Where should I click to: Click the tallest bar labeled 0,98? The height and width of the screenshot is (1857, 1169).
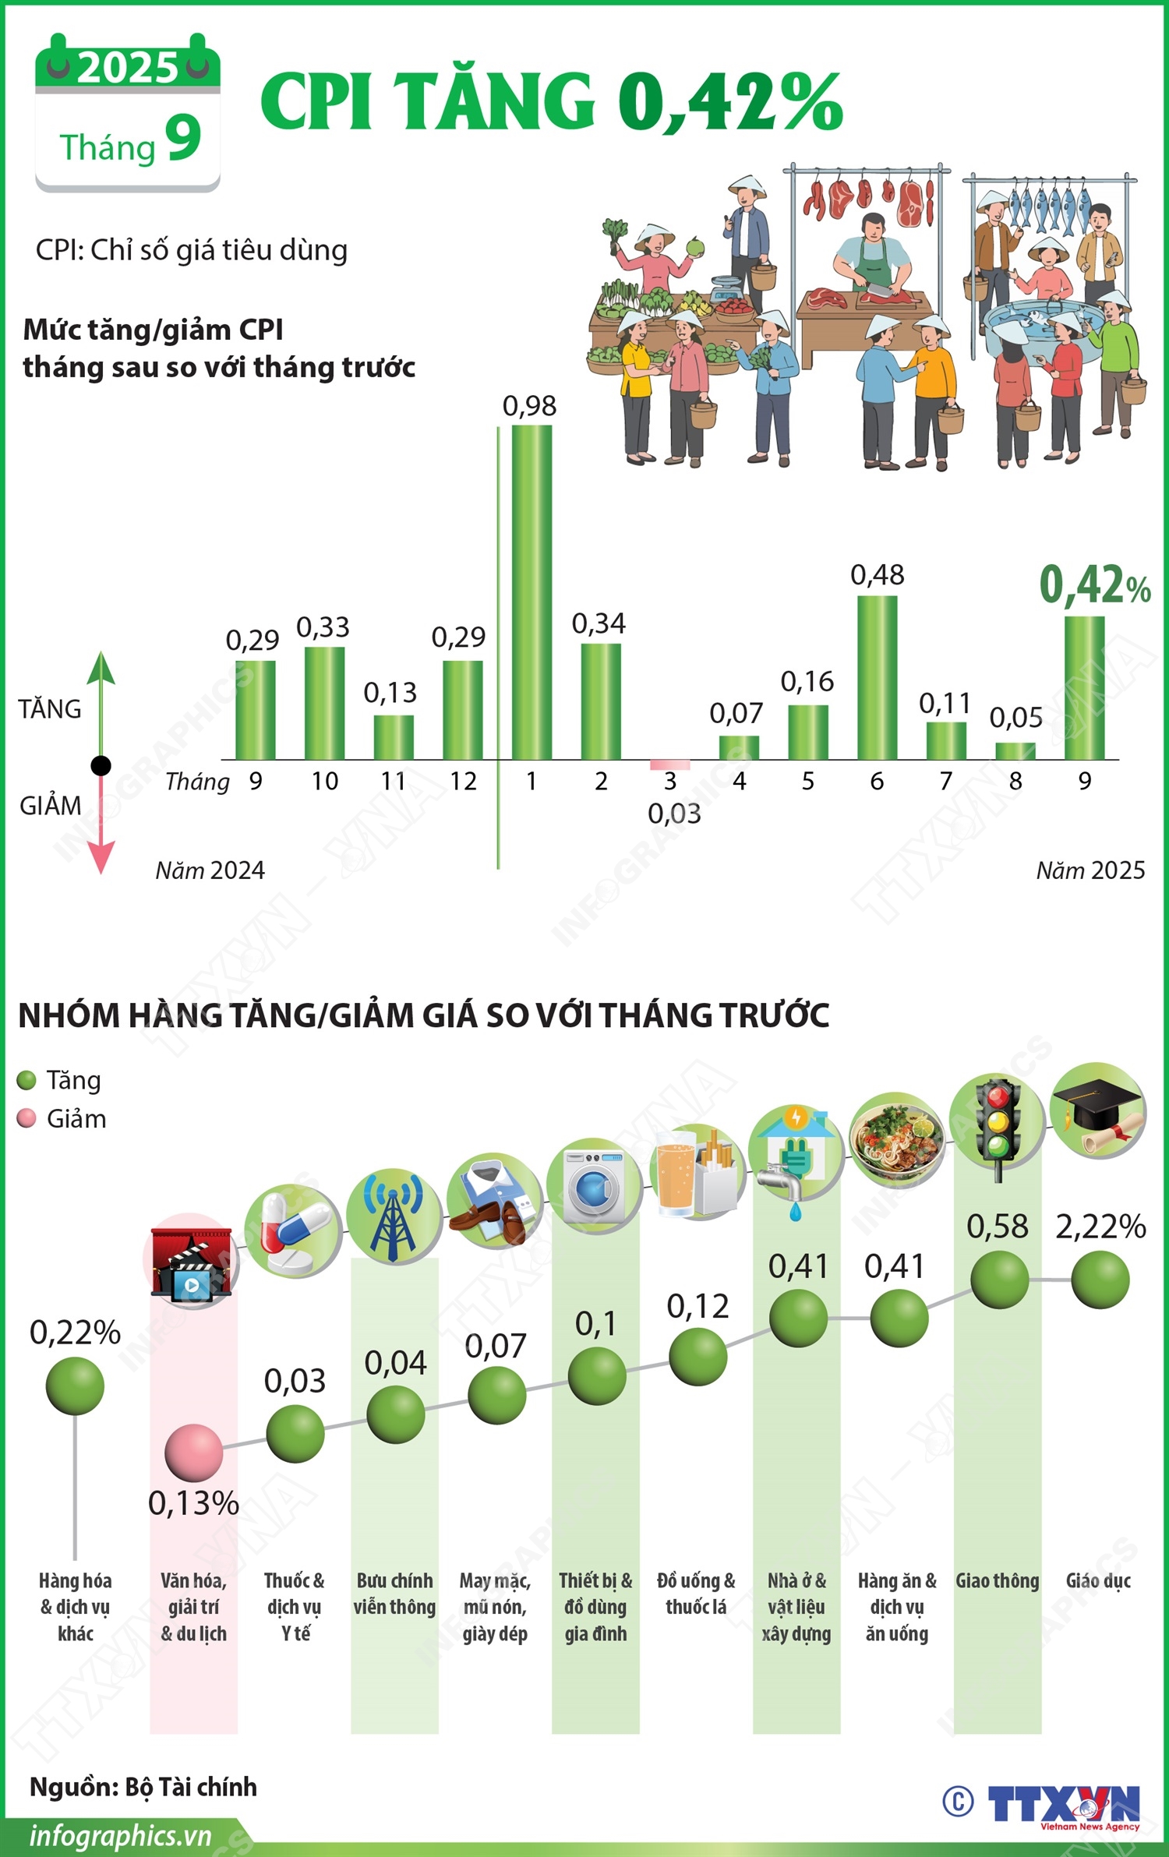[532, 592]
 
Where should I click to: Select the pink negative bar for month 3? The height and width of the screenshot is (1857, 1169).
[670, 764]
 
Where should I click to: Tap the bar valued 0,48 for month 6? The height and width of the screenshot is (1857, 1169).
[877, 677]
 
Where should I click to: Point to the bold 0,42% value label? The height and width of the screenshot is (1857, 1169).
[1094, 586]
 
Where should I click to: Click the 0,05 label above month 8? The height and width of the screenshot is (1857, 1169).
[1015, 717]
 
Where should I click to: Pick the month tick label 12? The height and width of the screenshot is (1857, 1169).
[463, 781]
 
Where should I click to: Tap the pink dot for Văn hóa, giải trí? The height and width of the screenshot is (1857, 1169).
[193, 1453]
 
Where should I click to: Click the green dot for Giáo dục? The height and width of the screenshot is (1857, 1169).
[1100, 1280]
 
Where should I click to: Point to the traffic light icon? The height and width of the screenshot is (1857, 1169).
[997, 1120]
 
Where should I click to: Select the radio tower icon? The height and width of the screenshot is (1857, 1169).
[394, 1216]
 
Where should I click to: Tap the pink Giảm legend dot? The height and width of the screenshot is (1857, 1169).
[26, 1119]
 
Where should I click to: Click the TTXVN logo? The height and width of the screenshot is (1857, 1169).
[1064, 1804]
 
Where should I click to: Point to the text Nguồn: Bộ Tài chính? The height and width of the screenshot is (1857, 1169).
[143, 1786]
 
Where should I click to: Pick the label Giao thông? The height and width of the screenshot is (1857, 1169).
[998, 1580]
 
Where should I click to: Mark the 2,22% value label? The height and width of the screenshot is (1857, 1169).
[1100, 1227]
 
